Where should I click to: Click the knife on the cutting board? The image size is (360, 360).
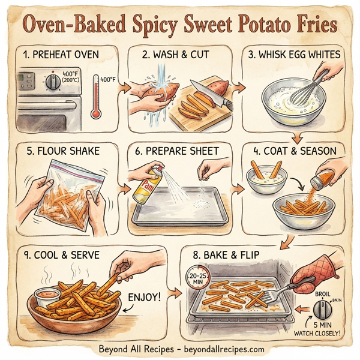point(208,93)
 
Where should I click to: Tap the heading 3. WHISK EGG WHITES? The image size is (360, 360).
point(294,55)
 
